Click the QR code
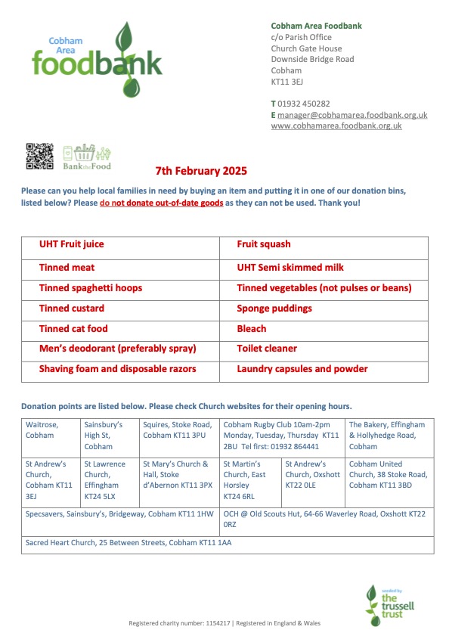[x=39, y=156]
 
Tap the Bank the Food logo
[x=87, y=157]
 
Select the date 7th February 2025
[x=201, y=172]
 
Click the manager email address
[x=352, y=115]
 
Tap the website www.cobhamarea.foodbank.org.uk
[x=336, y=126]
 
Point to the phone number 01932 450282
[x=304, y=104]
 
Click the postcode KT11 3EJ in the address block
[x=286, y=82]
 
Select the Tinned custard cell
[x=72, y=309]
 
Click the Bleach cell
[x=252, y=329]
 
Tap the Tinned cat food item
[x=73, y=329]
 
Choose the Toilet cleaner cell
[x=267, y=349]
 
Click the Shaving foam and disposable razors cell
[x=117, y=369]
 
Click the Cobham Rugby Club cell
[x=282, y=436]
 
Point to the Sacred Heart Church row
[x=128, y=543]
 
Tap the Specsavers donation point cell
[x=119, y=513]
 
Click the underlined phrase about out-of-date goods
[x=161, y=203]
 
